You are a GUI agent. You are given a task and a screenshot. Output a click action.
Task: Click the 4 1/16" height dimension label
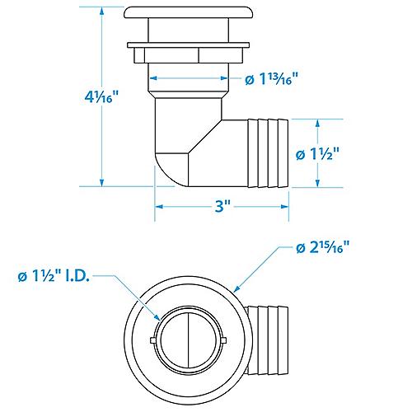[x=101, y=96]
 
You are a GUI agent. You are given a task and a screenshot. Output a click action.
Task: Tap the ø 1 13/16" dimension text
[x=271, y=79]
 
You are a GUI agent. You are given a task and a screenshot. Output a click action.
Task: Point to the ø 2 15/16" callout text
[x=323, y=247]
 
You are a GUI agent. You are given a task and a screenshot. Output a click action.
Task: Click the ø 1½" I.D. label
[x=54, y=276]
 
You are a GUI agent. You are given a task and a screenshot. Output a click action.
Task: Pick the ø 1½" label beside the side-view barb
[x=318, y=154]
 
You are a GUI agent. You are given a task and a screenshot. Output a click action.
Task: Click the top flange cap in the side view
[x=188, y=12]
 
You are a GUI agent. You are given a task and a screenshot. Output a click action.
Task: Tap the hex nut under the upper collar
[x=188, y=55]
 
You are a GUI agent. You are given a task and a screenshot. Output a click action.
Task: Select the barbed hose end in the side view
[x=268, y=153]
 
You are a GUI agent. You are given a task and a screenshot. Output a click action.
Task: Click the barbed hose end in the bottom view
[x=268, y=340]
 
